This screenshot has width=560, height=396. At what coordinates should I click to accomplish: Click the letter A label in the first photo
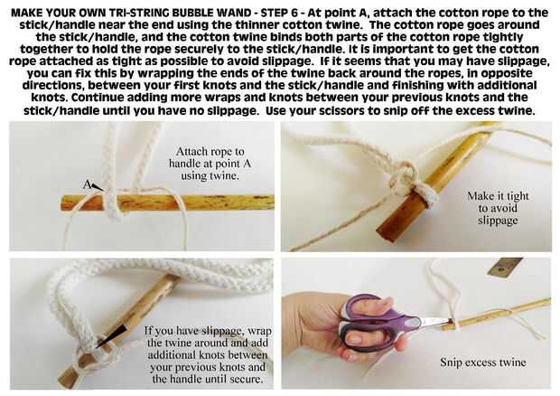(87, 184)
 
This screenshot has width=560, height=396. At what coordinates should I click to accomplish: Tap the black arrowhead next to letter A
(98, 187)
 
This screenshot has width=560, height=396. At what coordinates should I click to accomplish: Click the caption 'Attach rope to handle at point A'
(210, 157)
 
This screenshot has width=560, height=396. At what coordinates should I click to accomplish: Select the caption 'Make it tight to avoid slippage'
(498, 208)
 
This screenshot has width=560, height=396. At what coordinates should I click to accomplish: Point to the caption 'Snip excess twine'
(483, 362)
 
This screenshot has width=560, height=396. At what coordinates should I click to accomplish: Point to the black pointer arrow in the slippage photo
(111, 335)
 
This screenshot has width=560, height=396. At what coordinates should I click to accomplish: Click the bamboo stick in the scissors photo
(500, 314)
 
